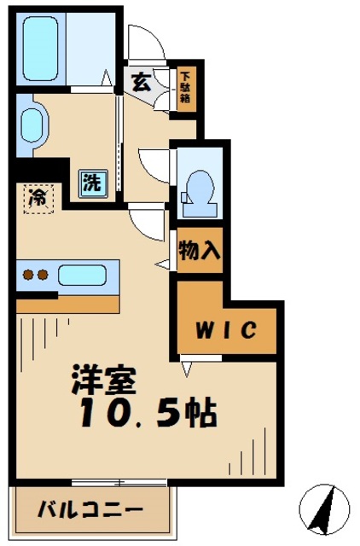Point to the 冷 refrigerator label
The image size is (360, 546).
38,198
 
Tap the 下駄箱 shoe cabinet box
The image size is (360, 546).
185,87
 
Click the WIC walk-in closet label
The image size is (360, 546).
227,329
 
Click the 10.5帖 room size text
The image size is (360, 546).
147,415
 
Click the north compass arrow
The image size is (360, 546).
327,509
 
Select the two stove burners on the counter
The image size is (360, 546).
33,276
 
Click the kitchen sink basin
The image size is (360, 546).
82,276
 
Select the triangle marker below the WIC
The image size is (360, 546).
186,368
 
